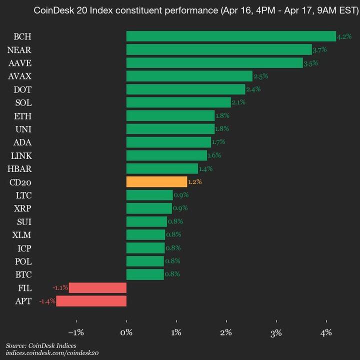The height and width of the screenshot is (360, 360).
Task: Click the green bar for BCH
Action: click(x=231, y=36)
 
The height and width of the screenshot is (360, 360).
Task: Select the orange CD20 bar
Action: click(x=156, y=182)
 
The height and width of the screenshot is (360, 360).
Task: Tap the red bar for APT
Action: click(x=91, y=301)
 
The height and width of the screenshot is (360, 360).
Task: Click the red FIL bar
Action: click(x=97, y=287)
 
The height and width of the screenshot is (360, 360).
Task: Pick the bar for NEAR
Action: click(x=219, y=49)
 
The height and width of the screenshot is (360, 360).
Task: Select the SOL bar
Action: click(x=178, y=102)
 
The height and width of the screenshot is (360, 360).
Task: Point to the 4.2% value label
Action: click(x=344, y=36)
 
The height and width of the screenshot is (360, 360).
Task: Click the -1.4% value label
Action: click(x=47, y=301)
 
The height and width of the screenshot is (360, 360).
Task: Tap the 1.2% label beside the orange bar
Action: click(x=195, y=182)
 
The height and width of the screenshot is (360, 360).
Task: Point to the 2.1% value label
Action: click(x=238, y=102)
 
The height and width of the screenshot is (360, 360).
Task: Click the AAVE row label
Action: click(x=20, y=63)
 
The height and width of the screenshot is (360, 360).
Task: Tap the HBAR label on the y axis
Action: click(x=20, y=168)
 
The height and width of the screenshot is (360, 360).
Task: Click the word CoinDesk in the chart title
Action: click(x=51, y=10)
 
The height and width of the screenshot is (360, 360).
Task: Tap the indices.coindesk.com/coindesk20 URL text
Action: click(x=52, y=353)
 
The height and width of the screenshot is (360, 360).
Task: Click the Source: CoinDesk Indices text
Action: click(x=41, y=345)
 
